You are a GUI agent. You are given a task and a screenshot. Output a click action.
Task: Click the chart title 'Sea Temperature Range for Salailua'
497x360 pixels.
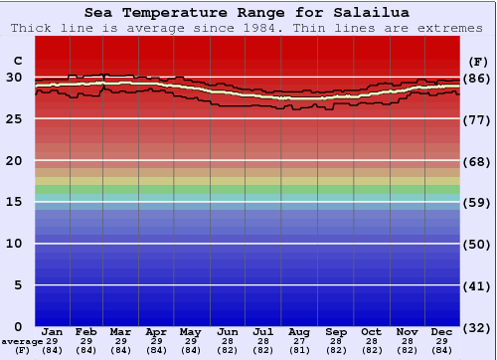(x=247, y=12)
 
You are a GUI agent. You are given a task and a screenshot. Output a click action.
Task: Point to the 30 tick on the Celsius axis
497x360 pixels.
(x=16, y=78)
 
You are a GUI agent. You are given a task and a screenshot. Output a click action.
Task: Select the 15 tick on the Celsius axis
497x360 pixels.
(x=16, y=202)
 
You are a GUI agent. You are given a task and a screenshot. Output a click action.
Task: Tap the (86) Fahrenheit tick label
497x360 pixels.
(x=478, y=78)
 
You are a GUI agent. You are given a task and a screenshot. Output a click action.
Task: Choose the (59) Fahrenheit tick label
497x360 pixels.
(x=478, y=202)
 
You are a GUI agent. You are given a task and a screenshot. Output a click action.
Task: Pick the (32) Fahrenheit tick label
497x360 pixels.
(x=478, y=327)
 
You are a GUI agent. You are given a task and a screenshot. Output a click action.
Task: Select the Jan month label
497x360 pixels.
(x=53, y=331)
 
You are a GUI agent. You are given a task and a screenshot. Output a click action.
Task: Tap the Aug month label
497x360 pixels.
(x=298, y=331)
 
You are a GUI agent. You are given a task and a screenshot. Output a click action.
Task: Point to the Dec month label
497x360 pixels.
(x=442, y=331)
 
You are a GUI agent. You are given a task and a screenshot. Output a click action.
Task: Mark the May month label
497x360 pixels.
(x=190, y=331)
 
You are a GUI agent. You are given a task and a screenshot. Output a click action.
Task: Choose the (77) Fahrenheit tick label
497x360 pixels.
(x=478, y=119)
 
